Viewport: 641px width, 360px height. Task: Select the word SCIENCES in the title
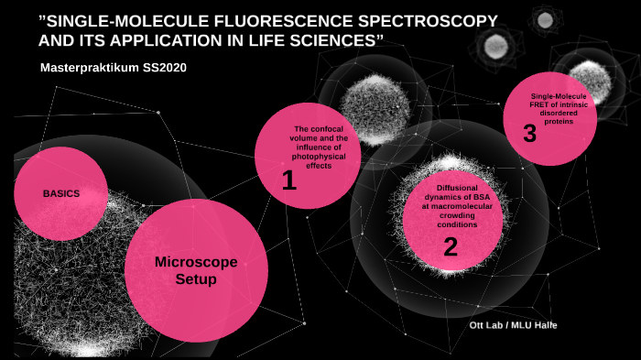tap(335, 41)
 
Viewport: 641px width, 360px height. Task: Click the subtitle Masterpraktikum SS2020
tap(114, 70)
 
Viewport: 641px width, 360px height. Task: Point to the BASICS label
tap(61, 194)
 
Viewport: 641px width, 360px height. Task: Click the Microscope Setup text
tap(195, 270)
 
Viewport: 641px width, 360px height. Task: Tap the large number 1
tap(289, 181)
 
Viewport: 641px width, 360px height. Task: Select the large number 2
tap(450, 245)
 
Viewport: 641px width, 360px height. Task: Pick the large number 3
tap(529, 134)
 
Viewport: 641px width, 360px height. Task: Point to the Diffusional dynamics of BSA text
tap(451, 207)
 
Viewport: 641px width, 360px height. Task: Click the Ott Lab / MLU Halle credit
tap(512, 325)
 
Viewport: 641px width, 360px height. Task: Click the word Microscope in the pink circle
tap(195, 262)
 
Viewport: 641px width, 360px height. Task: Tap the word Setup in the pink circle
tap(195, 279)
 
